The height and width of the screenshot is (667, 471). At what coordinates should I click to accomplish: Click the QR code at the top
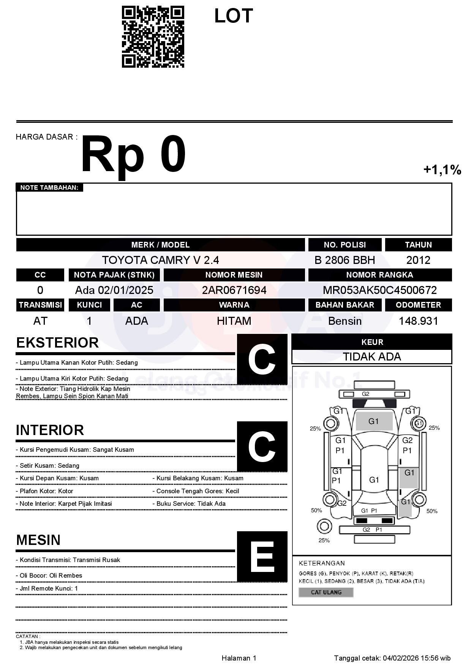153,37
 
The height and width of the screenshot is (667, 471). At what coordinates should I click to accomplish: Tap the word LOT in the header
233,16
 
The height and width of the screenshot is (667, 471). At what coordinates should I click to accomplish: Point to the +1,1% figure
442,170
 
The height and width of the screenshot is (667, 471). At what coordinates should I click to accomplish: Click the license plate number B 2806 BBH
345,260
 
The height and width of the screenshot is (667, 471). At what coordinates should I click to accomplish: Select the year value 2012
418,260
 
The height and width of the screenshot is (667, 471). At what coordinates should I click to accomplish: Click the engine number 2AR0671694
234,290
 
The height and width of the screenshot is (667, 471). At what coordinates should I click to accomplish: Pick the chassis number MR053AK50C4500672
379,290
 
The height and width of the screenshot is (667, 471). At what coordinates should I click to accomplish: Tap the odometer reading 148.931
418,321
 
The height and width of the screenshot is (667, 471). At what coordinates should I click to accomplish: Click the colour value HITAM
234,321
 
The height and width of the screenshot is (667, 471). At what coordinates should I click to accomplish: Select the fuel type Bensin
345,321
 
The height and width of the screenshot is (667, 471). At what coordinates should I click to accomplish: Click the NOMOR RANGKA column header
379,275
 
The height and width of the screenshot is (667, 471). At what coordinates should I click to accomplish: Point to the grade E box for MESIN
262,556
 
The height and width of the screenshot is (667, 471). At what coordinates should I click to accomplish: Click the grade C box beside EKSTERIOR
262,359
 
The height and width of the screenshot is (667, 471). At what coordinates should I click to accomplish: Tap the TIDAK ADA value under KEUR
372,357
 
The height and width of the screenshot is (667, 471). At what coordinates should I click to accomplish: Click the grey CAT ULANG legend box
326,592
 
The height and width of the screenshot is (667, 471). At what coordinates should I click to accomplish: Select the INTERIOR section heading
50,430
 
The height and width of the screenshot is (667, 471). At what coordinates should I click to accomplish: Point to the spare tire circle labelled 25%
324,527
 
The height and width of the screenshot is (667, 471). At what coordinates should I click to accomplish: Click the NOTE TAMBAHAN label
49,187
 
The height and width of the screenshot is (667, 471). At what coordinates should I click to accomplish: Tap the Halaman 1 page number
239,658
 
